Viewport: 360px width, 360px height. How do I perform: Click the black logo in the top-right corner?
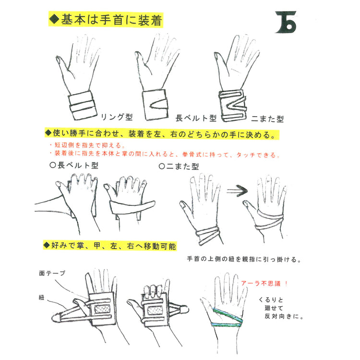pyautogui.click(x=287, y=22)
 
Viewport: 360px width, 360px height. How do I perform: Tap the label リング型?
pyautogui.click(x=117, y=117)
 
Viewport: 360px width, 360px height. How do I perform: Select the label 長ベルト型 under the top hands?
pyautogui.click(x=196, y=117)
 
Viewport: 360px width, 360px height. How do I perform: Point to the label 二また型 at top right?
pyautogui.click(x=268, y=117)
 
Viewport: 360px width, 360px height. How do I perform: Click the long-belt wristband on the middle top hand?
pyautogui.click(x=155, y=104)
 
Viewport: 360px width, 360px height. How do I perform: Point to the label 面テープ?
pyautogui.click(x=52, y=273)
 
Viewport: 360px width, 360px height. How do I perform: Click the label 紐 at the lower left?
pyautogui.click(x=42, y=298)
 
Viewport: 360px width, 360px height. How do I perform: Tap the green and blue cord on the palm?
pyautogui.click(x=228, y=319)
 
